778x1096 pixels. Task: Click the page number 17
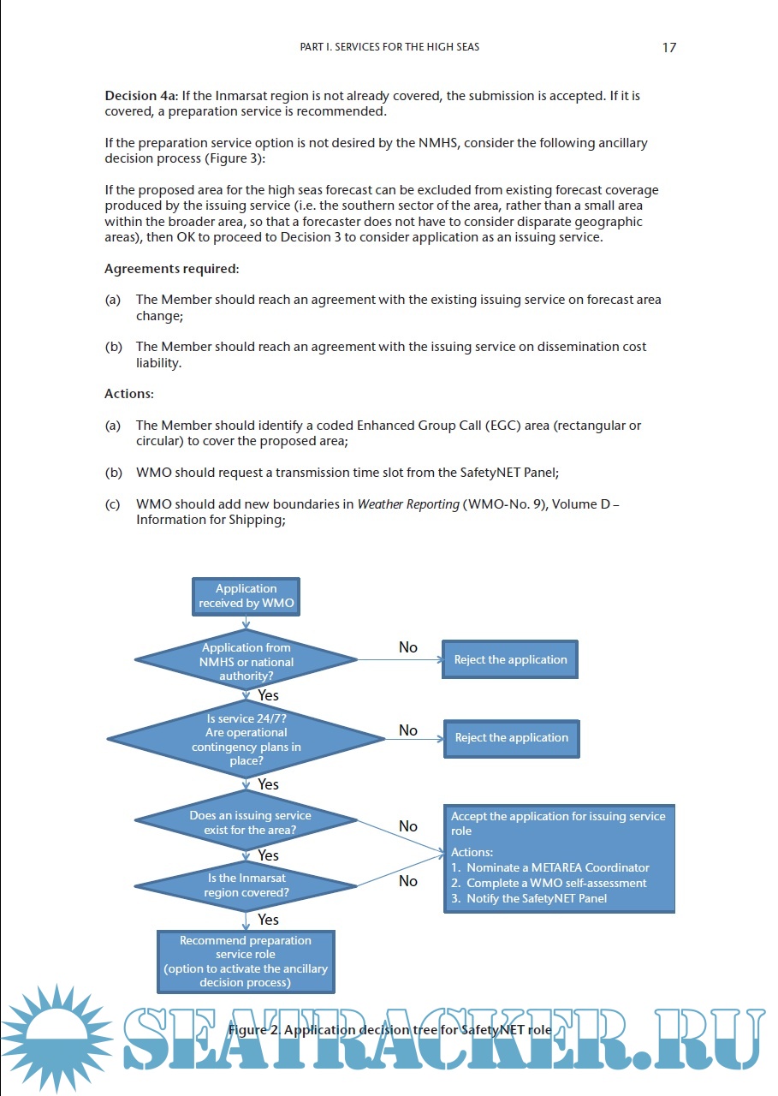(x=669, y=48)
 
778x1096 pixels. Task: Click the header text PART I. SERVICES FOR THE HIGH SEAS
(x=389, y=47)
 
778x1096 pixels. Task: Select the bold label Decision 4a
(x=140, y=96)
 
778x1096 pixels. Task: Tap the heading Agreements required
(x=171, y=269)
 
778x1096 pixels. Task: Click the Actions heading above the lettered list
(x=128, y=394)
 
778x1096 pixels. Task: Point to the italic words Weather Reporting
(x=408, y=504)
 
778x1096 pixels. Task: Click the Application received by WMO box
(x=246, y=596)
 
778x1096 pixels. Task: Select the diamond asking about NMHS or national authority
(x=246, y=659)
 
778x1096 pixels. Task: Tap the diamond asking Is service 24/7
(x=246, y=739)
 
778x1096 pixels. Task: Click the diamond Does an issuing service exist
(x=246, y=822)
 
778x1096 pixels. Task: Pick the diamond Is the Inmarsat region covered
(x=246, y=885)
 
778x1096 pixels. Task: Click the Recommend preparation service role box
(x=246, y=962)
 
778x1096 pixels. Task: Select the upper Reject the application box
(x=510, y=659)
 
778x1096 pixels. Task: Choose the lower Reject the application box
(x=511, y=737)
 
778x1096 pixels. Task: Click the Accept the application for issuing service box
(x=559, y=857)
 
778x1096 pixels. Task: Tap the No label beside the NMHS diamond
(x=408, y=647)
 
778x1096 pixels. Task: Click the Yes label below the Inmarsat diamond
(x=268, y=920)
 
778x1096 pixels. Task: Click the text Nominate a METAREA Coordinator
(x=557, y=867)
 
